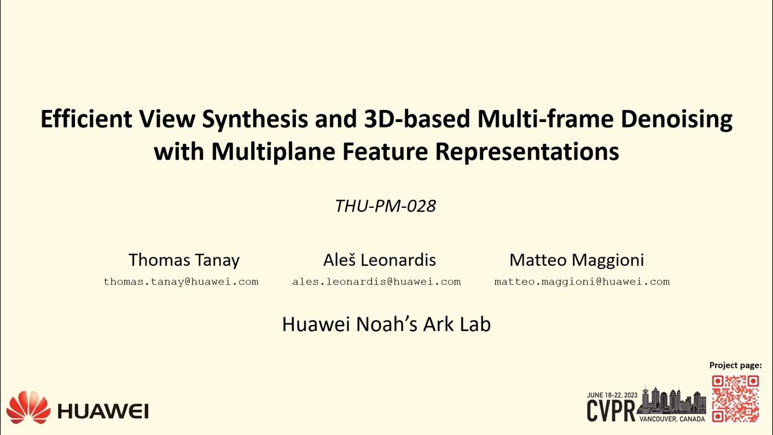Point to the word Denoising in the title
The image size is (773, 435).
pyautogui.click(x=676, y=120)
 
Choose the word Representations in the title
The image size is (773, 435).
pyautogui.click(x=527, y=152)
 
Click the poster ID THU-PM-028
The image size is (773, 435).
pyautogui.click(x=385, y=206)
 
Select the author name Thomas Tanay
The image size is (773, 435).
pyautogui.click(x=184, y=260)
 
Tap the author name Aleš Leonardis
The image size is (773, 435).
pyautogui.click(x=379, y=260)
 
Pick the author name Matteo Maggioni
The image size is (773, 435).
pyautogui.click(x=576, y=260)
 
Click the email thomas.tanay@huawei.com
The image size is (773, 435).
pyautogui.click(x=181, y=282)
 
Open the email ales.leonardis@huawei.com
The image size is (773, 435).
pyautogui.click(x=376, y=282)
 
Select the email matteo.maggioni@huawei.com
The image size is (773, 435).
pyautogui.click(x=582, y=282)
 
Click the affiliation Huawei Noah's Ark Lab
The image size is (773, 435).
pyautogui.click(x=386, y=324)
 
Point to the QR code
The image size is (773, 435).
pyautogui.click(x=735, y=398)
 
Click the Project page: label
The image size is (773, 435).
pyautogui.click(x=735, y=365)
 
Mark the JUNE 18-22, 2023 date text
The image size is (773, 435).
pyautogui.click(x=612, y=395)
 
